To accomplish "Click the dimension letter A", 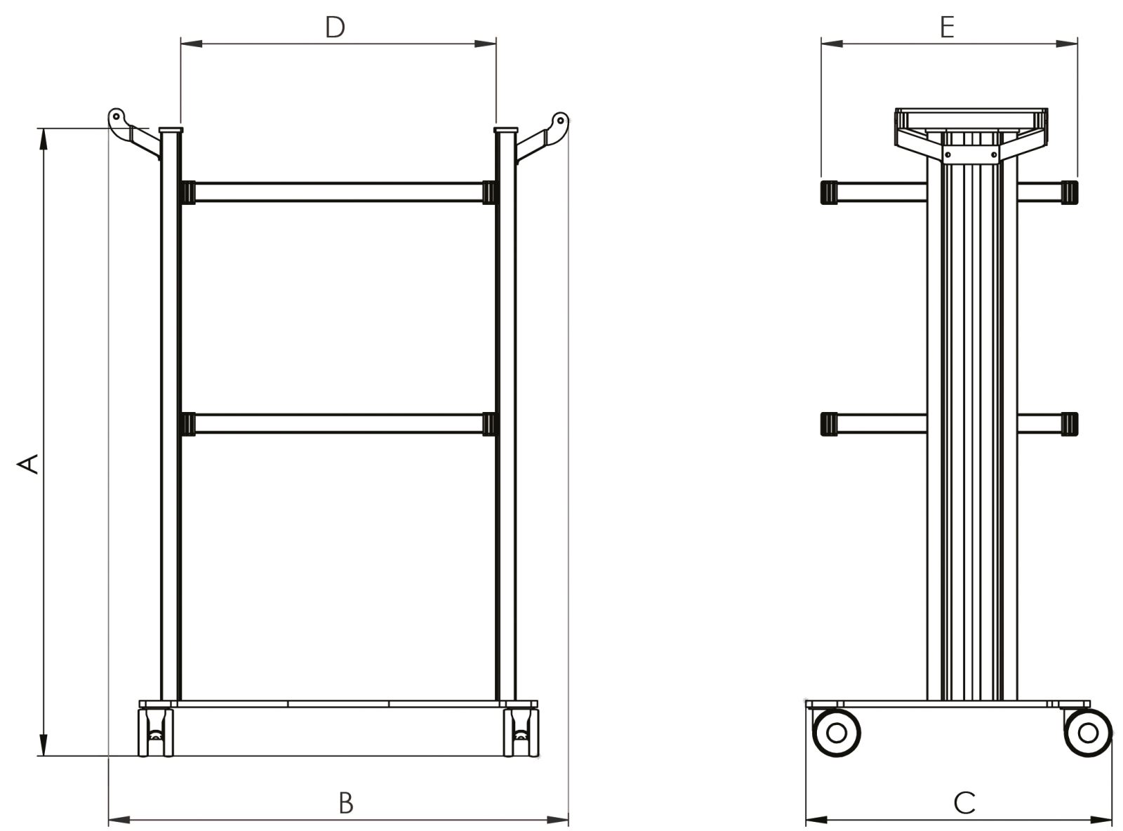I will [x=28, y=464].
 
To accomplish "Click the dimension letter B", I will [x=346, y=803].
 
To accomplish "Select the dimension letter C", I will [x=964, y=803].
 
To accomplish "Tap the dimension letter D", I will [x=335, y=27].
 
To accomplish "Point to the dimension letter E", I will [x=947, y=27].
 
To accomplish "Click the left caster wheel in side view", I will [x=836, y=733].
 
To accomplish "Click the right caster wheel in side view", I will [x=1087, y=733].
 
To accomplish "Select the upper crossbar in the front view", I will [x=338, y=192].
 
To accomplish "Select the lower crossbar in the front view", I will [x=338, y=424].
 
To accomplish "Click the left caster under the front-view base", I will [x=156, y=732].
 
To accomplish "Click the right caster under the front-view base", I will [x=520, y=732].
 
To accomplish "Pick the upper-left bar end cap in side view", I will [x=829, y=192].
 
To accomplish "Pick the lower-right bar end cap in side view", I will [x=1069, y=424].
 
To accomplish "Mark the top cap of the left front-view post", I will [x=171, y=130].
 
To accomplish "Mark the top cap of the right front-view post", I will [x=505, y=130].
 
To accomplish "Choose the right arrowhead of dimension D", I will [x=486, y=44].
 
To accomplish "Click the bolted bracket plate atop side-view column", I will [x=971, y=154].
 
